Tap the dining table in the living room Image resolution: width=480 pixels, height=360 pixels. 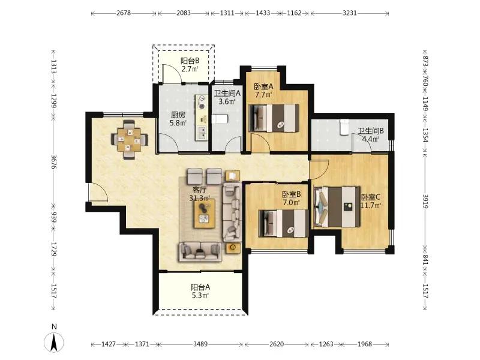click(130, 140)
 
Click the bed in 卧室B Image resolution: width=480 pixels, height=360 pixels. click(283, 223)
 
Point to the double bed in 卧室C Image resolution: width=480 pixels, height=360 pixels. click(337, 207)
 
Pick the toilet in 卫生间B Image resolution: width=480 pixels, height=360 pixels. click(344, 127)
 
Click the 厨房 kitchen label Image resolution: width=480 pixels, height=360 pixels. click(178, 115)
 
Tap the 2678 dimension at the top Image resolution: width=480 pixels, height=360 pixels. click(124, 13)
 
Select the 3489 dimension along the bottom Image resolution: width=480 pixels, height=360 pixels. click(200, 344)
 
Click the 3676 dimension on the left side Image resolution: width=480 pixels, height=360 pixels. click(54, 162)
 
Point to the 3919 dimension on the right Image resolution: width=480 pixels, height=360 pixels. click(425, 201)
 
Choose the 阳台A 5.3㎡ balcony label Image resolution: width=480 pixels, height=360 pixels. click(200, 291)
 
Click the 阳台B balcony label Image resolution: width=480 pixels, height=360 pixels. click(190, 61)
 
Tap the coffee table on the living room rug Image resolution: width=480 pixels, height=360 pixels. click(205, 214)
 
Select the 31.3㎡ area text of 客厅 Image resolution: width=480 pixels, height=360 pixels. click(200, 198)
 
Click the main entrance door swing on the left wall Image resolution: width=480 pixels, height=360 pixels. click(98, 192)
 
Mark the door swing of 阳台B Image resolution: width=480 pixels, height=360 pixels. click(172, 74)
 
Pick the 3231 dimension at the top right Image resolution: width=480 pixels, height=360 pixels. click(350, 13)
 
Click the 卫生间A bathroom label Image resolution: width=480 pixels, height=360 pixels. click(227, 94)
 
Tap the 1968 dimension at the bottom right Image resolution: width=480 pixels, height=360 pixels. click(365, 344)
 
